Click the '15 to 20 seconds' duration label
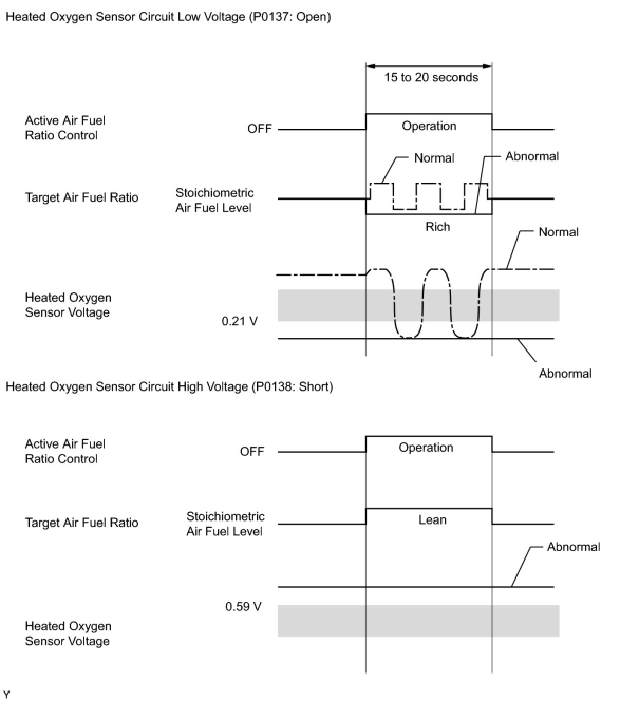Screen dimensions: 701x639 tap(431, 78)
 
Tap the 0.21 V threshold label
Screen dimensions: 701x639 tap(239, 321)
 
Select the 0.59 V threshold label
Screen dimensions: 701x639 tap(243, 607)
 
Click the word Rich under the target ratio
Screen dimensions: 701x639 tap(438, 227)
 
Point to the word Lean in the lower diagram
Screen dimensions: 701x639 tap(433, 520)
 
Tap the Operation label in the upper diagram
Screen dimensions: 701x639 tap(429, 126)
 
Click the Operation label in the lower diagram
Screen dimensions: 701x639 tap(426, 448)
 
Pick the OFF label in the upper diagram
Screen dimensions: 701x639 tap(259, 129)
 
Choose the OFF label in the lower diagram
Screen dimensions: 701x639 tap(252, 452)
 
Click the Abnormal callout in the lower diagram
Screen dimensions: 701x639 tap(574, 547)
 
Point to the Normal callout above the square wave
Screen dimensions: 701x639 tap(434, 158)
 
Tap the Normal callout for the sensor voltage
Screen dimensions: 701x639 tap(558, 232)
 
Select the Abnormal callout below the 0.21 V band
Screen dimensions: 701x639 tap(565, 374)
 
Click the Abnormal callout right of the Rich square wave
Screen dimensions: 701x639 tap(532, 157)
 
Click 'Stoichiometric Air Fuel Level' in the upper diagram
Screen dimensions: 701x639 tap(214, 201)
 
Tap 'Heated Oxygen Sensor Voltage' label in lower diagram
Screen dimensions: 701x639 tap(68, 633)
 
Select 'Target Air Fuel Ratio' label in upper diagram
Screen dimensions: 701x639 tap(82, 198)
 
